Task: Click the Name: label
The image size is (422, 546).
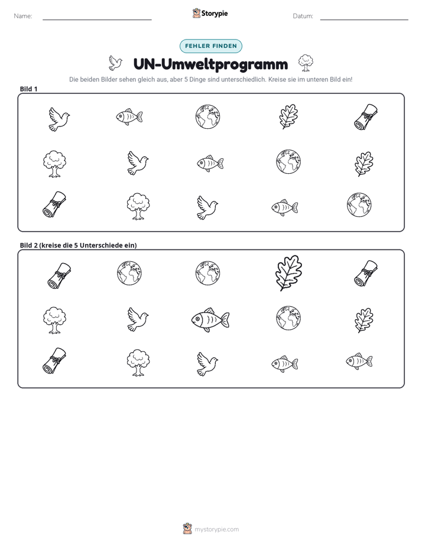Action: pyautogui.click(x=23, y=16)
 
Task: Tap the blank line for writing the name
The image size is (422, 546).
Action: pyautogui.click(x=97, y=19)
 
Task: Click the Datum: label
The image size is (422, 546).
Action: pyautogui.click(x=303, y=16)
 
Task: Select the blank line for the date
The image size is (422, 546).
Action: pyautogui.click(x=364, y=19)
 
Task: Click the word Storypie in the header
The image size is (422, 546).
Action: pyautogui.click(x=215, y=14)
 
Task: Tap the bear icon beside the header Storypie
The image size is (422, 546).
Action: pyautogui.click(x=196, y=13)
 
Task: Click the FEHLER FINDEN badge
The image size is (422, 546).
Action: pyautogui.click(x=211, y=46)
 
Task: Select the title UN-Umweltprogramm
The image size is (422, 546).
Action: pyautogui.click(x=210, y=64)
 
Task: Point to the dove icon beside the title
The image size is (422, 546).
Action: pyautogui.click(x=115, y=63)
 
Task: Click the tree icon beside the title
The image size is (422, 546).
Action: pyautogui.click(x=306, y=63)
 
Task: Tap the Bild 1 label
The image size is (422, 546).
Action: pyautogui.click(x=28, y=89)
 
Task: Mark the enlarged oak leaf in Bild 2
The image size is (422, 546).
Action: pyautogui.click(x=288, y=273)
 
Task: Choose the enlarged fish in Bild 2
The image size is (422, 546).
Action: pyautogui.click(x=210, y=320)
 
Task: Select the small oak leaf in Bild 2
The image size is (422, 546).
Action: pyautogui.click(x=364, y=320)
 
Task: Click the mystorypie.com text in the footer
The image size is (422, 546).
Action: pyautogui.click(x=216, y=529)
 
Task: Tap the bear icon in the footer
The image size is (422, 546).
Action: pyautogui.click(x=187, y=529)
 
